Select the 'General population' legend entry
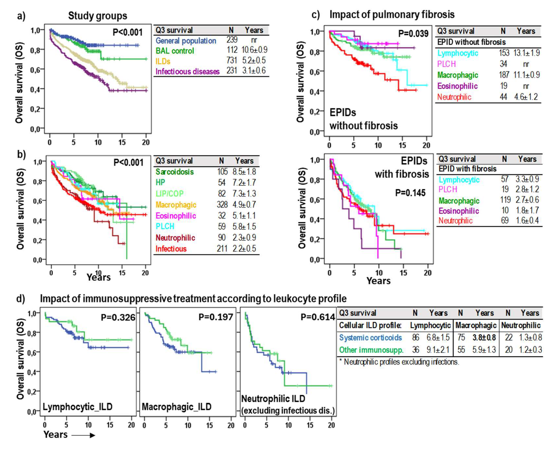pyautogui.click(x=186, y=41)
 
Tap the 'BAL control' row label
pyautogui.click(x=175, y=51)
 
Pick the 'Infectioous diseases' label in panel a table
pyautogui.click(x=187, y=71)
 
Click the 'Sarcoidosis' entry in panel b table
pyautogui.click(x=175, y=172)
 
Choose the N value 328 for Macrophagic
pyautogui.click(x=222, y=205)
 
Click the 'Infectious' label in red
pyautogui.click(x=171, y=249)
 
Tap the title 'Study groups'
pyautogui.click(x=98, y=16)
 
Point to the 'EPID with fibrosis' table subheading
pyautogui.click(x=467, y=169)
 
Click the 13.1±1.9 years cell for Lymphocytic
pyautogui.click(x=526, y=53)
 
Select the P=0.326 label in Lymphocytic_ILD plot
pyautogui.click(x=118, y=317)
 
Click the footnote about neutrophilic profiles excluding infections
pyautogui.click(x=399, y=362)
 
